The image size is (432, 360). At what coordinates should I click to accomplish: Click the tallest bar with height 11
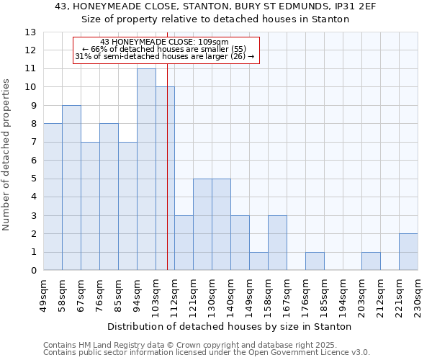(146, 169)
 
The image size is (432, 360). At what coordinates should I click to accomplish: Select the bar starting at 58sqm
(71, 188)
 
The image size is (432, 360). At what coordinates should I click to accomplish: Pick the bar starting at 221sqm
(408, 252)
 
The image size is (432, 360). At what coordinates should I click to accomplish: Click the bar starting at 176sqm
(315, 261)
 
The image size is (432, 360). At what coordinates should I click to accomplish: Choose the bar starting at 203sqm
(371, 261)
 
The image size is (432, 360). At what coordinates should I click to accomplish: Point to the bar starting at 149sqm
(258, 261)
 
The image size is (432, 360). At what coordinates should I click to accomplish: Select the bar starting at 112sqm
(184, 243)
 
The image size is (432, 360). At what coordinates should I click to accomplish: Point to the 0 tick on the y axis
(33, 271)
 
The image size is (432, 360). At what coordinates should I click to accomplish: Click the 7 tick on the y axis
(33, 143)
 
